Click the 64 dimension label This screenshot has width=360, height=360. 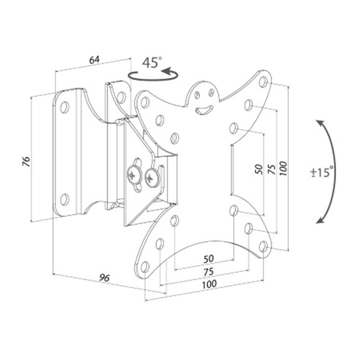coord(94,60)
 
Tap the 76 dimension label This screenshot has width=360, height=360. coord(26,162)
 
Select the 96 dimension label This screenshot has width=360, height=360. coord(104,278)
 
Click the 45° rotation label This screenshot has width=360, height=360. coord(152,63)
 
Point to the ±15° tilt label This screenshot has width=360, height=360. coord(322,172)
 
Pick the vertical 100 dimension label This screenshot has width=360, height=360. coord(283,168)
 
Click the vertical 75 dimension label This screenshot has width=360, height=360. coord(272,170)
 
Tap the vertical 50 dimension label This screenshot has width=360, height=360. coord(259,170)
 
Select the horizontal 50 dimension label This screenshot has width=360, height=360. coord(208,259)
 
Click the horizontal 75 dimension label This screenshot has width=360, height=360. coord(208,272)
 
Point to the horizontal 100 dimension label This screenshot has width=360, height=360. coord(209,284)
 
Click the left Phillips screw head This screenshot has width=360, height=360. coord(134,175)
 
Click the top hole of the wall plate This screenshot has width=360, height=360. coord(64,107)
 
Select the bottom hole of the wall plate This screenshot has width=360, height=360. coord(64,199)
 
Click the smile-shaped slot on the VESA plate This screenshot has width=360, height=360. coord(204,110)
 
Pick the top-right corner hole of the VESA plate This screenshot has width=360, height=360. coord(264,82)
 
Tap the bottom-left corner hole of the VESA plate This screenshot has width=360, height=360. coord(144,267)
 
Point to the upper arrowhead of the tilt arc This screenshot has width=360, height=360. coord(320,124)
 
